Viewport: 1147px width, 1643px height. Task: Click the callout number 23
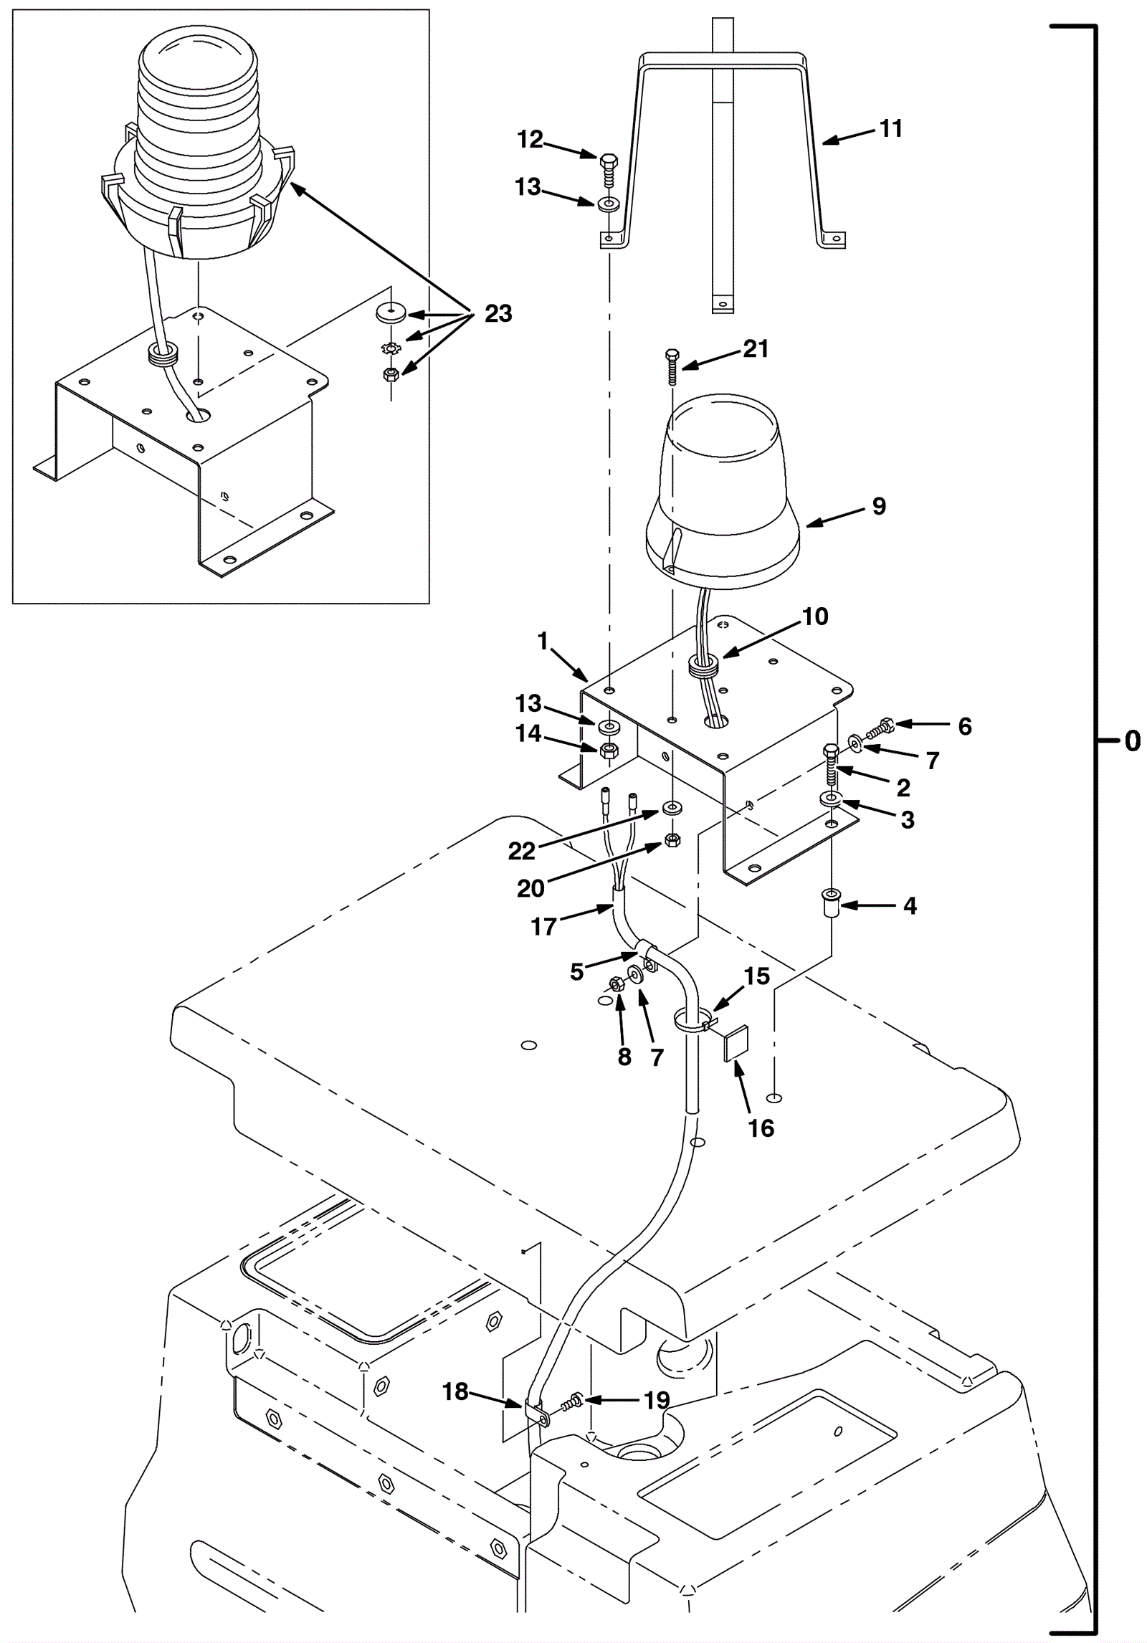click(498, 313)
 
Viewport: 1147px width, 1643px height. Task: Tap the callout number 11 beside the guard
click(890, 128)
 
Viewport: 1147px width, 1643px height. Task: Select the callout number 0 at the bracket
click(1133, 740)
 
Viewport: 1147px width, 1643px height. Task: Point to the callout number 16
click(761, 1128)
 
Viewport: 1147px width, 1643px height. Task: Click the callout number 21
click(756, 348)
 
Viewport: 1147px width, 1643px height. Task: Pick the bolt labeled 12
click(608, 169)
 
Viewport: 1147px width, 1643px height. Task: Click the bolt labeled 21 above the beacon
click(672, 366)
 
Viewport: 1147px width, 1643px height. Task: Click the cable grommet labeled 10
click(703, 670)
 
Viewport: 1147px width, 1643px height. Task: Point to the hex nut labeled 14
click(609, 751)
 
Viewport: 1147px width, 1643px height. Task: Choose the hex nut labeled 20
click(672, 839)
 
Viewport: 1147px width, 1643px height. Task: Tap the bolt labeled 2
click(832, 766)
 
